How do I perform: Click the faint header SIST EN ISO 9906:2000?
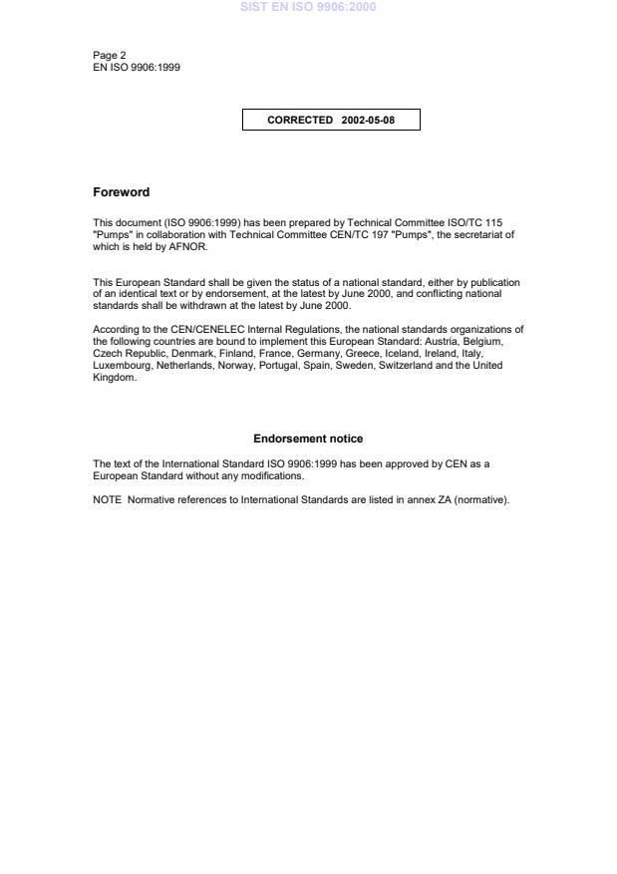click(307, 8)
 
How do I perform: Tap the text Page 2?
click(110, 55)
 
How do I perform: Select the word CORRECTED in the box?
click(300, 121)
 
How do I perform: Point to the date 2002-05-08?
click(368, 121)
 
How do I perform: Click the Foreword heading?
click(121, 192)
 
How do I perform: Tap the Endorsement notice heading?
click(308, 438)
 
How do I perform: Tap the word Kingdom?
click(113, 378)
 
